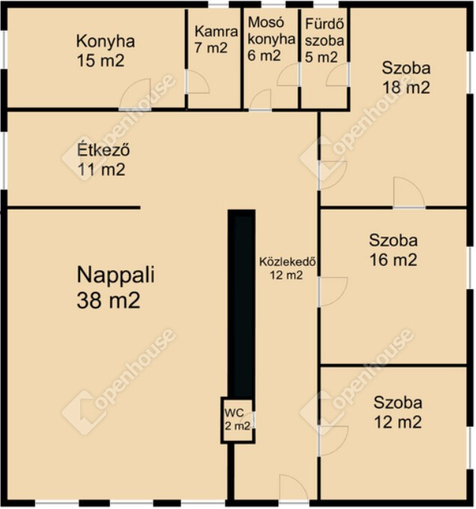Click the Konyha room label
click(106, 42)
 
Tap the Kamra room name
click(216, 31)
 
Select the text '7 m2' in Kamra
click(211, 48)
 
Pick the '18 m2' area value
click(406, 88)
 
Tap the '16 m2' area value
click(393, 260)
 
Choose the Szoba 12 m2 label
click(398, 412)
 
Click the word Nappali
click(115, 275)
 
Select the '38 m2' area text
click(109, 300)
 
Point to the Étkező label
click(103, 150)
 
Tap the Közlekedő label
click(287, 262)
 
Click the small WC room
click(238, 420)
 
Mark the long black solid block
click(242, 303)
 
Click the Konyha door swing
click(135, 94)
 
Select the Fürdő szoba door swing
click(338, 75)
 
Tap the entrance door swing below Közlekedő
click(293, 487)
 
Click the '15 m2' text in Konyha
click(100, 61)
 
